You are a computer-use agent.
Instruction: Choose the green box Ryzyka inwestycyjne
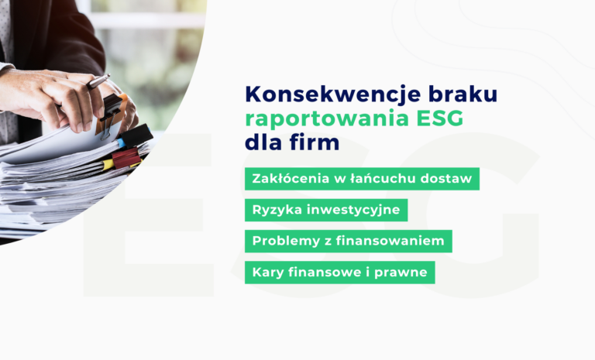[x=326, y=210]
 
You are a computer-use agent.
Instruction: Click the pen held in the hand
[x=96, y=81]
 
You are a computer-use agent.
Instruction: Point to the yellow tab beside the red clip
[x=108, y=165]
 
